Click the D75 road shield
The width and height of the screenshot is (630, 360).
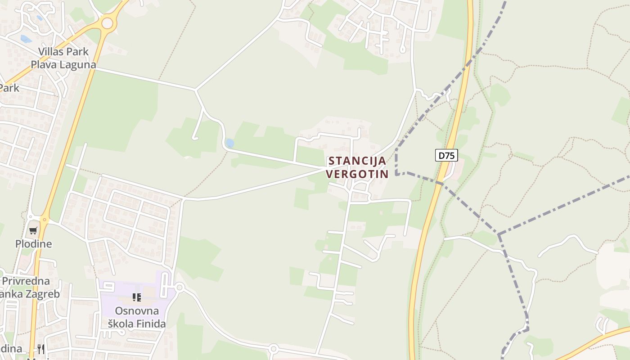click(x=446, y=156)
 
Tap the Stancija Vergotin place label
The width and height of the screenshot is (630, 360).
click(x=358, y=167)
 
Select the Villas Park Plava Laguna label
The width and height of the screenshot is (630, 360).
click(x=63, y=58)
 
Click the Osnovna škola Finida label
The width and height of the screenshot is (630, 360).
click(x=137, y=317)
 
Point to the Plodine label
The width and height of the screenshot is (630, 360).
click(x=34, y=244)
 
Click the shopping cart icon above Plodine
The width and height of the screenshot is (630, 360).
click(x=33, y=231)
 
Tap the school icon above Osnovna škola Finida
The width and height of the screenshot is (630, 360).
click(x=137, y=297)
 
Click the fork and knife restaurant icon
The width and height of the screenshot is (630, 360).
click(x=40, y=349)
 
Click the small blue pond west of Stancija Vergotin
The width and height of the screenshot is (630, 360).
click(x=229, y=143)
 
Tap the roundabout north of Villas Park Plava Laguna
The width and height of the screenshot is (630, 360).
click(x=107, y=23)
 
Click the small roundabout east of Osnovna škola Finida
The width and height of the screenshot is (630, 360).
click(x=180, y=287)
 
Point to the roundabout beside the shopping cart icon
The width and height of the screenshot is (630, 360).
click(x=44, y=220)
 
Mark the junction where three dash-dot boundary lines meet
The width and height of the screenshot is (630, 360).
click(x=499, y=234)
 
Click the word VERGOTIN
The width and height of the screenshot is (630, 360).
click(x=358, y=174)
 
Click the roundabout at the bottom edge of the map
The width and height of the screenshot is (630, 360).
click(x=273, y=348)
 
